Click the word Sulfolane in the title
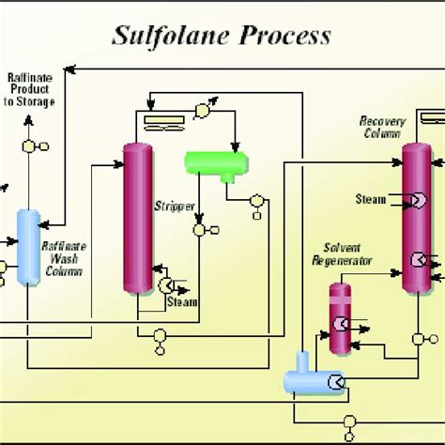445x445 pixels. point(171,37)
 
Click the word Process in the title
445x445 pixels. point(285,36)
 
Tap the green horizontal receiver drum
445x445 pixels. point(217,163)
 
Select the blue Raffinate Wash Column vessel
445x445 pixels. point(28,247)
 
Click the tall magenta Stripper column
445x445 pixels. point(138,219)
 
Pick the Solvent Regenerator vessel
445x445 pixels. point(340,318)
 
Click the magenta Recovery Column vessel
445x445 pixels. point(417,219)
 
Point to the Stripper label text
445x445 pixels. point(175,207)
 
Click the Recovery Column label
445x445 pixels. point(382,127)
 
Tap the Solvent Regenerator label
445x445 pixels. point(342,254)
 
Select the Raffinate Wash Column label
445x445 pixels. point(64,259)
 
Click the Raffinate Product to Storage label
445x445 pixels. point(29,89)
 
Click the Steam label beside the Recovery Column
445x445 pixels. point(371,199)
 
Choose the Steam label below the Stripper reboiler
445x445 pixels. point(182,302)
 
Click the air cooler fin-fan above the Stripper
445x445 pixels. point(164,123)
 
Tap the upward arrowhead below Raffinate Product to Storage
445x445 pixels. point(29,119)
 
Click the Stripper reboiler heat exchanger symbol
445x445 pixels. point(166,285)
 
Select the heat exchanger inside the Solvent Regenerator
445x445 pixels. point(341,324)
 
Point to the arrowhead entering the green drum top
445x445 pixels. point(236,147)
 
